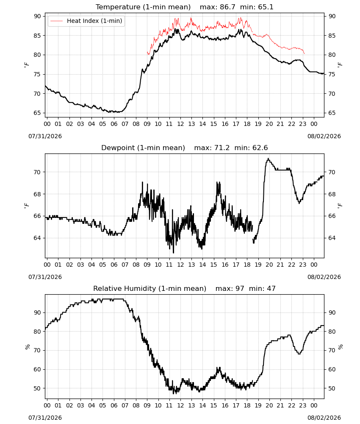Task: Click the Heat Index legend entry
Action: (x=86, y=21)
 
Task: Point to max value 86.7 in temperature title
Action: (x=227, y=7)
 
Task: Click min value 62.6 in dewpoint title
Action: (x=260, y=148)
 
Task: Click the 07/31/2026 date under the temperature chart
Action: (x=45, y=136)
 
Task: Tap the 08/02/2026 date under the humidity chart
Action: (x=324, y=418)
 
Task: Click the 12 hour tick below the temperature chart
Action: (x=180, y=124)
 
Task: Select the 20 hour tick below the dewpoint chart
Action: (x=269, y=265)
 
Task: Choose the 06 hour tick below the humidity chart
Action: (x=114, y=406)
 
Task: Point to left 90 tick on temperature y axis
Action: (x=38, y=16)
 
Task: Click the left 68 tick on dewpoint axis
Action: (x=38, y=194)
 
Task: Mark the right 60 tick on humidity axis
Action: (x=332, y=369)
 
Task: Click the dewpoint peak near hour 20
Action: (x=268, y=159)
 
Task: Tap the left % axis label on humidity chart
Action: (x=27, y=347)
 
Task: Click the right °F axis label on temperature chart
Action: (x=340, y=64)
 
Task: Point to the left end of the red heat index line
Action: (x=147, y=53)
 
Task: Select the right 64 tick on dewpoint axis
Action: (x=332, y=238)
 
